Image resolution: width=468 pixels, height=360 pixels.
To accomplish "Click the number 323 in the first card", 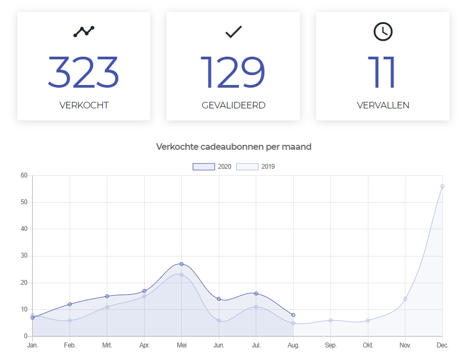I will [x=83, y=72].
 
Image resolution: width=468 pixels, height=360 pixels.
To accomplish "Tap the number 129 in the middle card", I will [x=233, y=72].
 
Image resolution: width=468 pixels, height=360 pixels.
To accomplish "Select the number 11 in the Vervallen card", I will [x=382, y=72].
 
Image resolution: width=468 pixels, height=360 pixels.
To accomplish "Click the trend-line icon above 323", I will [x=84, y=31].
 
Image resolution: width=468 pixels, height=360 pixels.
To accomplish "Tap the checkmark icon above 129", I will [x=233, y=32].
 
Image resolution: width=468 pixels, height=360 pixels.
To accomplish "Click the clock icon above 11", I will [x=383, y=32].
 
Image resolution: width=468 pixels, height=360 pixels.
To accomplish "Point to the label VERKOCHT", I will [x=84, y=105].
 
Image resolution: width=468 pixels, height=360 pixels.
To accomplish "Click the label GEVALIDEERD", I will [x=233, y=105].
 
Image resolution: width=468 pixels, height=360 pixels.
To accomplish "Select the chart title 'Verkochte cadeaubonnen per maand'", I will [x=233, y=147].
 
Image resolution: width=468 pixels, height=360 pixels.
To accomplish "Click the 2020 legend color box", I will [x=204, y=167].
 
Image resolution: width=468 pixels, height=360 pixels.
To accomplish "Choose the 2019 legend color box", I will [x=247, y=167].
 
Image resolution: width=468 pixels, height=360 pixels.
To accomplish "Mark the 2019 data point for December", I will [x=442, y=186].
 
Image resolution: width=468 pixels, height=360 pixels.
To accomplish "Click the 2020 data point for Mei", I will [x=182, y=264].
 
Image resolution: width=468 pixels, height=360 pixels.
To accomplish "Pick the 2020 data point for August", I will [x=293, y=315].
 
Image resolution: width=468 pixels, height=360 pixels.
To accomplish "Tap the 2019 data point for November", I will [x=405, y=299].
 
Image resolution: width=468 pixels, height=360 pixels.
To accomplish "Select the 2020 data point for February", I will [x=70, y=304].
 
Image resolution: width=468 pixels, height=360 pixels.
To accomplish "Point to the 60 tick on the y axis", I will [x=24, y=175].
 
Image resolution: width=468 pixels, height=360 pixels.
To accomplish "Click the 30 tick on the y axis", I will [x=24, y=256].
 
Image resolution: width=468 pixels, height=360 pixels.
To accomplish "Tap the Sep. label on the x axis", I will [x=330, y=345].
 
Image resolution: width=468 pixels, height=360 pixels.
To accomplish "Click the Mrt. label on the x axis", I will [x=107, y=345].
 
